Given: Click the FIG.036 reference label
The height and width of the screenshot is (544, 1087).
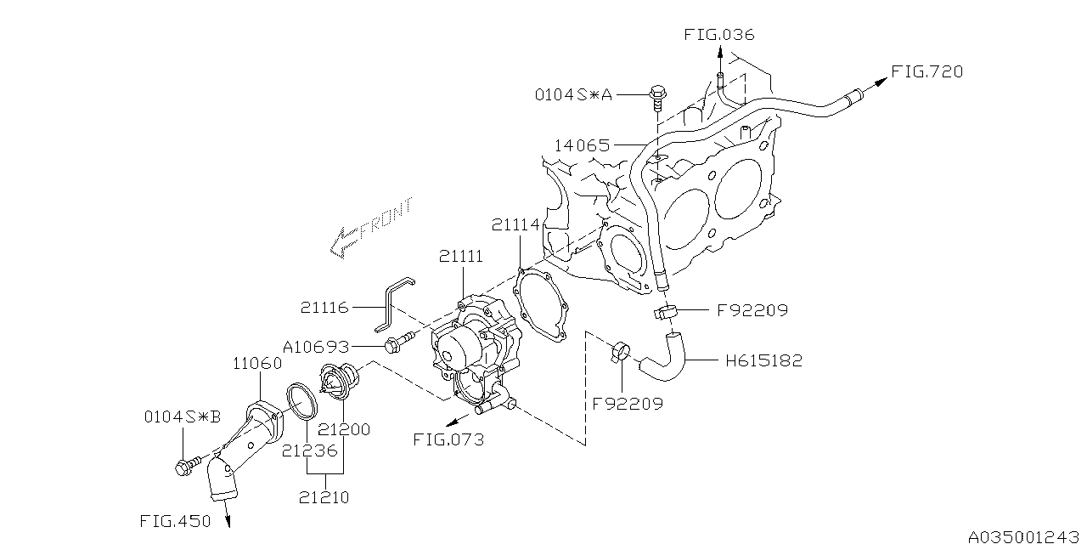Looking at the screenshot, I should [x=718, y=35].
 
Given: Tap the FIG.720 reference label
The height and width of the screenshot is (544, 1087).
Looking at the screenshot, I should [x=926, y=72].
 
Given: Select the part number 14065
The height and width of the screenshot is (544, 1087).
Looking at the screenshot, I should [x=582, y=145].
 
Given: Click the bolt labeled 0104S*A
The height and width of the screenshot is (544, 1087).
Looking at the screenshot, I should [x=656, y=95].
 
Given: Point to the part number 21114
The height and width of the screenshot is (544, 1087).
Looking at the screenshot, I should [x=515, y=224].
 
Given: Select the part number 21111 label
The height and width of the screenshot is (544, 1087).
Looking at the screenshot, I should [x=461, y=256].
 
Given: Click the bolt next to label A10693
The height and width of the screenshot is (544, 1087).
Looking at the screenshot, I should [x=397, y=344].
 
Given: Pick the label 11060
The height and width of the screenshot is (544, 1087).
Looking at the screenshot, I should [x=257, y=364].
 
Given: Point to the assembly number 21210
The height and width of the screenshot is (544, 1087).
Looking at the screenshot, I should [x=324, y=497].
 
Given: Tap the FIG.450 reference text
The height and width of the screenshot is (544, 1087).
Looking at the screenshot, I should [x=175, y=521].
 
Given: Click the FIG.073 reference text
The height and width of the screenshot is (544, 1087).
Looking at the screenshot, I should [x=448, y=439].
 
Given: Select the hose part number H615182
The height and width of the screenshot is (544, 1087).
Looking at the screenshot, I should [x=763, y=360].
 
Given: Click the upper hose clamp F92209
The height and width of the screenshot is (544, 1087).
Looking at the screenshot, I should [x=667, y=312].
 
